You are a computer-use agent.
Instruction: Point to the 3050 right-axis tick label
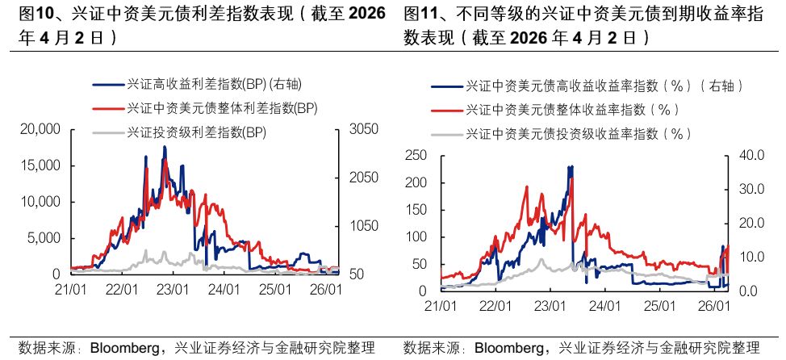pos(362,129)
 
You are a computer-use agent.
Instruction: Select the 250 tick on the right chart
pos(415,156)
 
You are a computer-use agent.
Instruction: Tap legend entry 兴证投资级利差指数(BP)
pos(197,131)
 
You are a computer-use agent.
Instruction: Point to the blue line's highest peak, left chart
pos(165,147)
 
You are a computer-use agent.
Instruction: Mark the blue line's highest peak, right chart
pos(571,166)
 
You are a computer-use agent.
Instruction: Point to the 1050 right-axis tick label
pos(362,226)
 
